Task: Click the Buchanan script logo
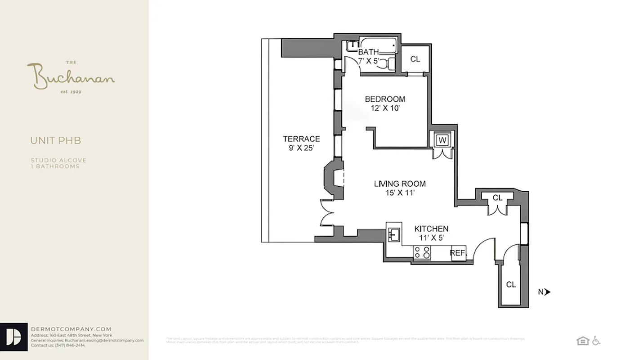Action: pos(71,77)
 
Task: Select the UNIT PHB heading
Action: pos(56,140)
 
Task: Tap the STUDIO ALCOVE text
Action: pos(58,160)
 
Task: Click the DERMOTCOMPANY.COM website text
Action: pos(71,329)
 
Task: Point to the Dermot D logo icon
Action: pos(14,337)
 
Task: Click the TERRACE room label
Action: pos(301,139)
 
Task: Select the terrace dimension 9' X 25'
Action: pos(301,148)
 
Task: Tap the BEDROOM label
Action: pos(385,99)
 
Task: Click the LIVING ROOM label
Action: pos(400,184)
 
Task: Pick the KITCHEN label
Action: pos(431,229)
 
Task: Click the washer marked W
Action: pos(442,140)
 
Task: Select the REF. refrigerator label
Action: pos(458,253)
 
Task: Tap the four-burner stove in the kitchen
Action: pos(422,253)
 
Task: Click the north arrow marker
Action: pos(547,292)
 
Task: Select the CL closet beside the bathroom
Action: pos(415,59)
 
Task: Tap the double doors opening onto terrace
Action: pos(326,212)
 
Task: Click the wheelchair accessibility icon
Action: pos(596,341)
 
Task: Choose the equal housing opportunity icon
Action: pos(583,341)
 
